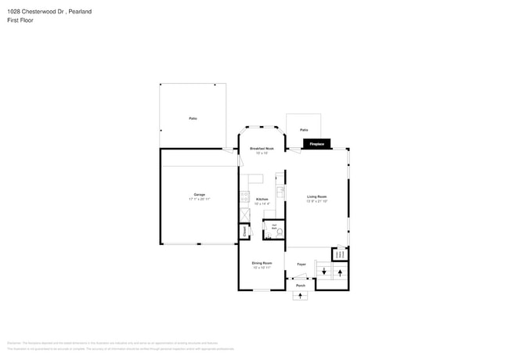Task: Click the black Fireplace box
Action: pos(317,144)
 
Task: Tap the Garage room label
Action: pos(200,194)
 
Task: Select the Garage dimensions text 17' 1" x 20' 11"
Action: pos(200,200)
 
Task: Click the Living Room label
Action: pos(316,196)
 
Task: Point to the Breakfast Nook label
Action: pos(262,149)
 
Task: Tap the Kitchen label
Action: pos(262,199)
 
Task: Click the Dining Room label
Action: pos(262,263)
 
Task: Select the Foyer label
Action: pos(301,265)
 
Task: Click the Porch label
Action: pos(300,286)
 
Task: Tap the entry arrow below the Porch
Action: pos(301,297)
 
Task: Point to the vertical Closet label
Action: pos(244,231)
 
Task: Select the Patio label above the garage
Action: pos(193,118)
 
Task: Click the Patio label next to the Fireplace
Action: pos(304,130)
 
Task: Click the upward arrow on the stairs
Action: pos(340,272)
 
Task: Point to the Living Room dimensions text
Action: pos(316,201)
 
